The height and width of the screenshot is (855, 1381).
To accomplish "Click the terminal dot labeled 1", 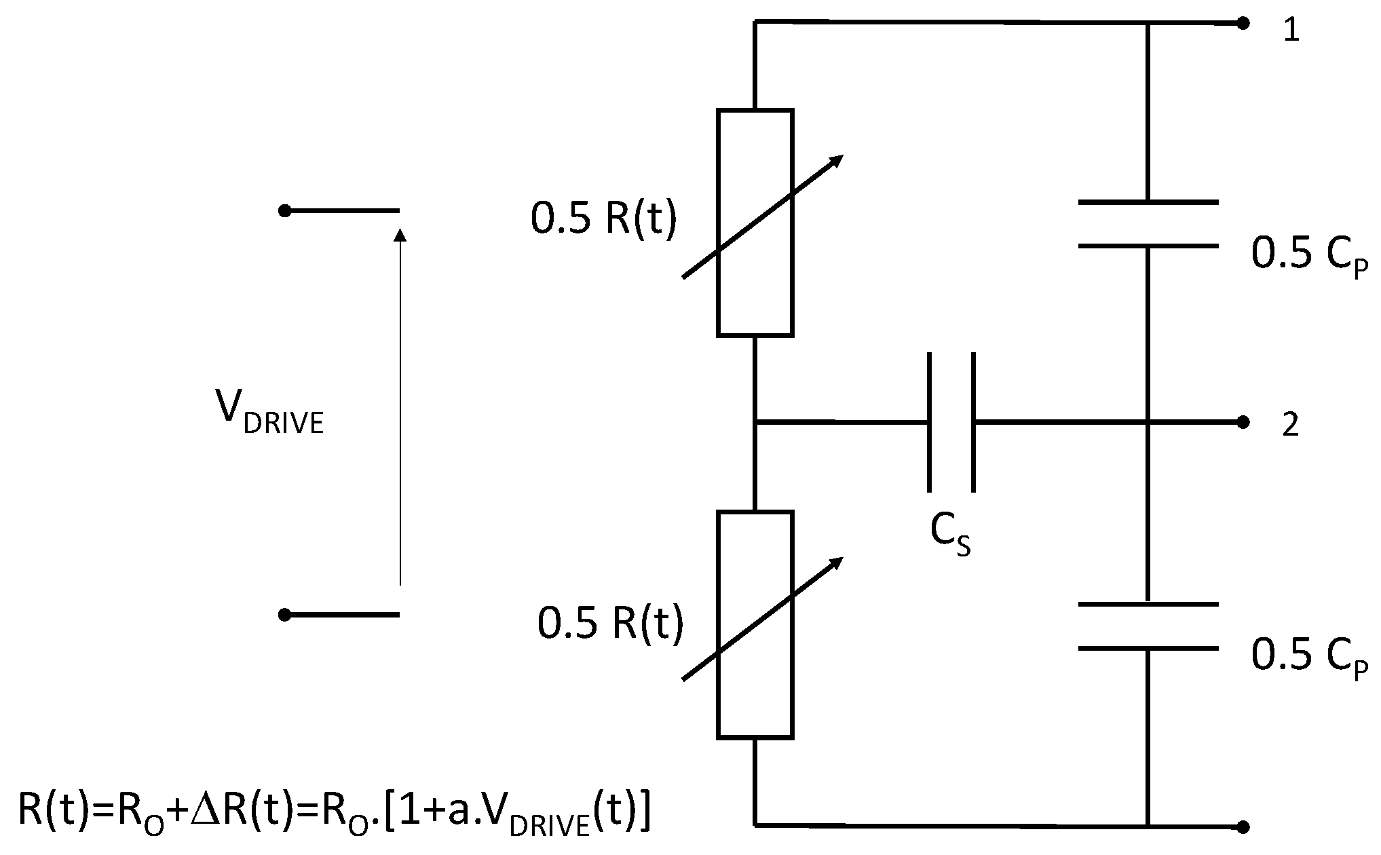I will pos(1243,24).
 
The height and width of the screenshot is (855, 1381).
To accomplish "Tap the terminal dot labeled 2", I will pos(1243,422).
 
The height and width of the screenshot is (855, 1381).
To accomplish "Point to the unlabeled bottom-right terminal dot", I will pos(1243,826).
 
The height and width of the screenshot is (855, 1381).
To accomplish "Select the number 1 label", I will pos(1291,31).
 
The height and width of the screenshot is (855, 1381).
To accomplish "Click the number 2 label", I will pos(1290,425).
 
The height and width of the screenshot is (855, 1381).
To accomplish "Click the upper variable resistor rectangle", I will pos(755,223).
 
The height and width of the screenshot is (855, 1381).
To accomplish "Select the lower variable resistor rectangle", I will pos(755,624).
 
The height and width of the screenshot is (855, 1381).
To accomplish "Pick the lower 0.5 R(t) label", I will pos(610,623).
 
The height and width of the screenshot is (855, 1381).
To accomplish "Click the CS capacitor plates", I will pos(951,422).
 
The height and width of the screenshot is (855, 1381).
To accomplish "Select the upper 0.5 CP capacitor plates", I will pos(1148,224).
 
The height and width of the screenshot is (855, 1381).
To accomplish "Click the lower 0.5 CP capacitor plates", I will pos(1148,626).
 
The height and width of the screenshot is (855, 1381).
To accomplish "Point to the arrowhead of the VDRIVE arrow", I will pos(400,235).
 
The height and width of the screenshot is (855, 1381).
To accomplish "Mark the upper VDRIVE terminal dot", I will pos(285,211).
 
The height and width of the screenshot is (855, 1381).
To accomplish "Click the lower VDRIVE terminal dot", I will pos(285,615).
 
